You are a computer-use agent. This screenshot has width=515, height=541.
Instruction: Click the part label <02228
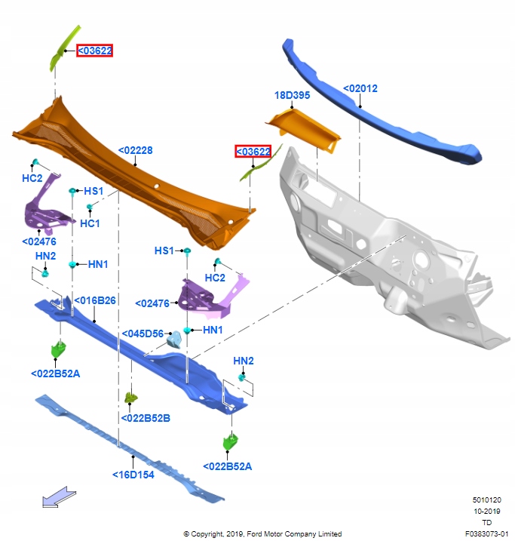click(x=135, y=150)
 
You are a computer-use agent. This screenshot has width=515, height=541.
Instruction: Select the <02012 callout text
click(x=360, y=88)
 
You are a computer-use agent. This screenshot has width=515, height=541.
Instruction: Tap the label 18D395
click(x=293, y=96)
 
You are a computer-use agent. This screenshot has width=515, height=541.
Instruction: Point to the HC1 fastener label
click(x=90, y=223)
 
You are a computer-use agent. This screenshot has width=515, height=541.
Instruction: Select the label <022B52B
click(x=146, y=417)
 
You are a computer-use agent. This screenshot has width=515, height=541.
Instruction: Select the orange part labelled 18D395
click(x=303, y=128)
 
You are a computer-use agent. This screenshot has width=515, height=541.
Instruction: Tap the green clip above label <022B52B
click(x=130, y=397)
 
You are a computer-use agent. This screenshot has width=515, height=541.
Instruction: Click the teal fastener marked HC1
click(x=90, y=207)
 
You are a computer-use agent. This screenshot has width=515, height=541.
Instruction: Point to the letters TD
click(x=486, y=522)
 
